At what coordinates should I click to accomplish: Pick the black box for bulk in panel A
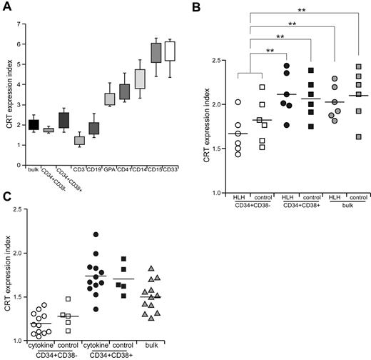[34, 124]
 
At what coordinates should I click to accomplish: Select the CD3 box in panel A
[79, 140]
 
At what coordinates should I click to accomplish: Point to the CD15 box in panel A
[155, 53]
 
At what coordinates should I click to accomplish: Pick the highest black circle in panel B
[286, 66]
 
